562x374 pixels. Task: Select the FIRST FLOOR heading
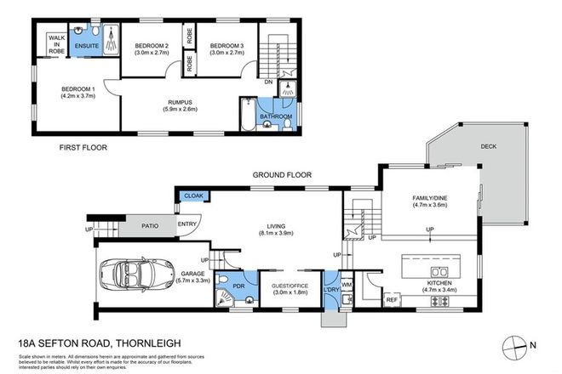click(83, 146)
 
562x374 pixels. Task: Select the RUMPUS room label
click(178, 101)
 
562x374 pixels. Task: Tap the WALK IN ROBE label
click(57, 44)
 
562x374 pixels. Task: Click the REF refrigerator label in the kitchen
click(393, 298)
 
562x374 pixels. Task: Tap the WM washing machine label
click(347, 285)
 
